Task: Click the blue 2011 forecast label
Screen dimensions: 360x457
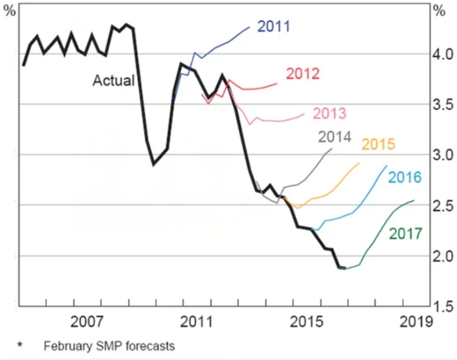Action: click(274, 27)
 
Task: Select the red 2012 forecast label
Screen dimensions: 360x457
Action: click(302, 73)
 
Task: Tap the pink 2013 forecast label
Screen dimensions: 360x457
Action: click(330, 113)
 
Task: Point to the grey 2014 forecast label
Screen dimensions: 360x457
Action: click(335, 137)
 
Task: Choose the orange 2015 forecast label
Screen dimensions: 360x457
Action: click(378, 144)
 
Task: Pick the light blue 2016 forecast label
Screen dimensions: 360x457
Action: click(405, 177)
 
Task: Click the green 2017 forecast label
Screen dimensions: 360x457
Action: click(405, 233)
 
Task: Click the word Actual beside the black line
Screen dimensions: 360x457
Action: click(113, 81)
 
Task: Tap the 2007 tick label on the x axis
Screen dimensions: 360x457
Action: click(88, 322)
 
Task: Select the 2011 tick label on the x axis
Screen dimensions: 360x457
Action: click(197, 322)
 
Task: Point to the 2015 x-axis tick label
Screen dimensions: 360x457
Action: click(306, 322)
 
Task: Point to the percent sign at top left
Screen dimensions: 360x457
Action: click(10, 12)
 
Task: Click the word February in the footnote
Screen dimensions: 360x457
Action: click(66, 346)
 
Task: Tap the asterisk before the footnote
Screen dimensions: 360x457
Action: click(20, 344)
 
